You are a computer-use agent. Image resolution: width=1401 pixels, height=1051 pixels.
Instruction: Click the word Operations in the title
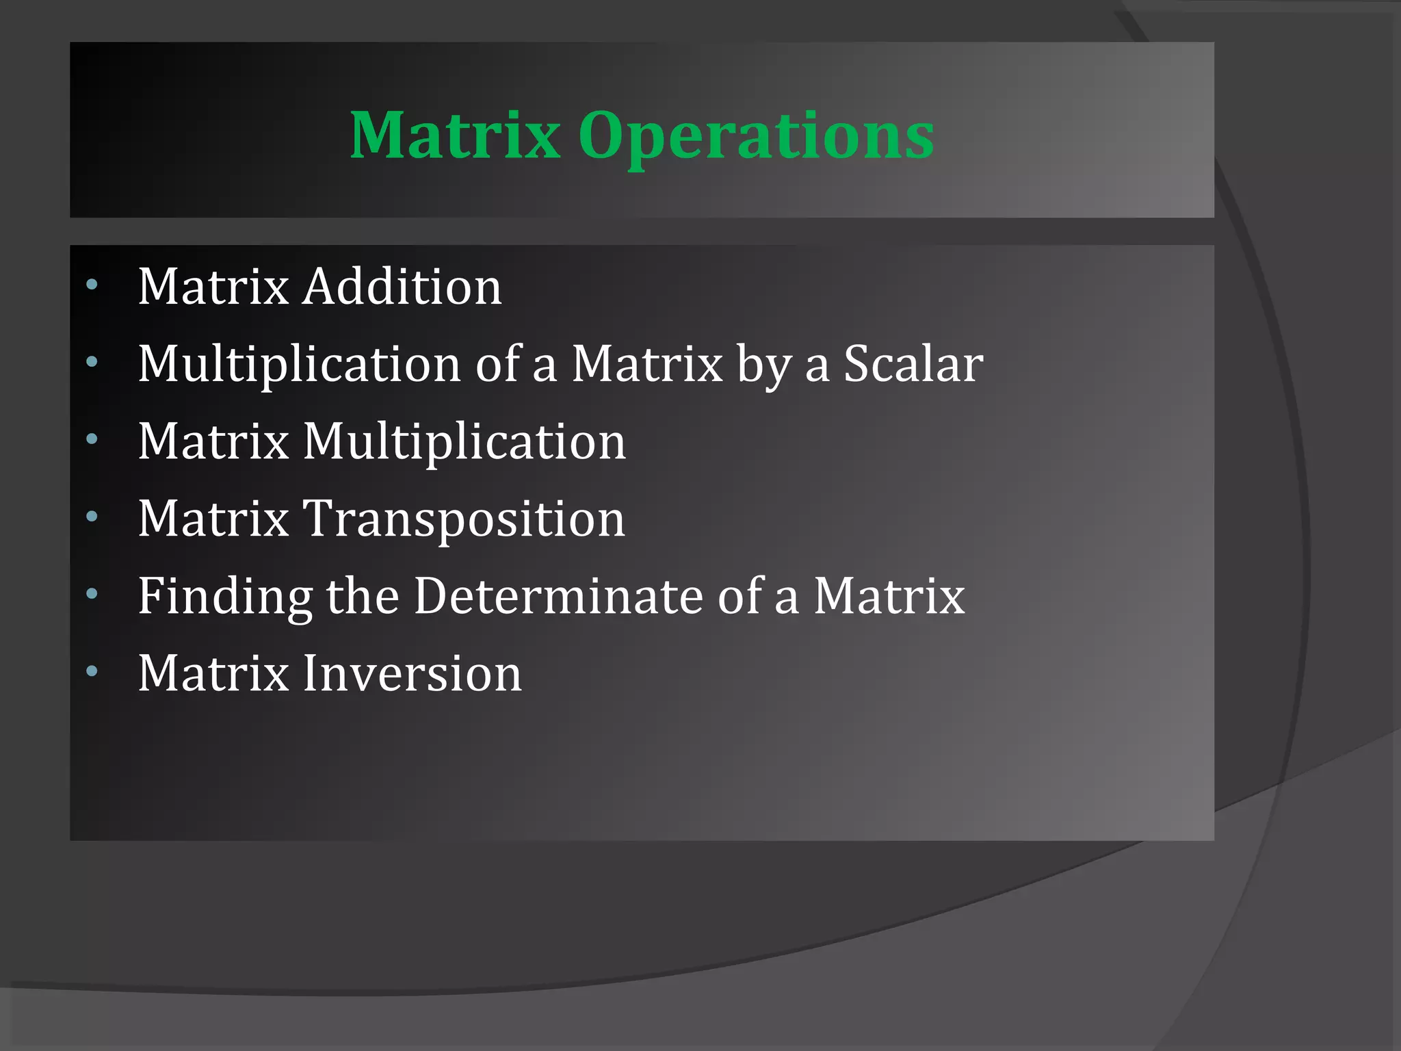tap(756, 137)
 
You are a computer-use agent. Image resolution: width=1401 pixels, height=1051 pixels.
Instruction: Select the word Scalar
tap(913, 363)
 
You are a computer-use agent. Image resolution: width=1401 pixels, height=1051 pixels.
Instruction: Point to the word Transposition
tap(464, 519)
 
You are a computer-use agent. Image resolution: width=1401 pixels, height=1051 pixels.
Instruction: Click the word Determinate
tap(558, 595)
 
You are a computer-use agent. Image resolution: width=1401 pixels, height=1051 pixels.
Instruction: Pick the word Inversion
tap(412, 673)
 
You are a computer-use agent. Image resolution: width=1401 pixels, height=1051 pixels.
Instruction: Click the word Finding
tap(225, 597)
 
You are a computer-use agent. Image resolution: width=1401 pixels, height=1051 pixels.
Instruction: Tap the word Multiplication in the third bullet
tap(464, 441)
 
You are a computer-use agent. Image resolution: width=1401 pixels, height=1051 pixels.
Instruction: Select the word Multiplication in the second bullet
tap(300, 364)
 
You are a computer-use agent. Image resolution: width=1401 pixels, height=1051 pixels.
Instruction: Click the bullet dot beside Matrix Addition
tap(92, 284)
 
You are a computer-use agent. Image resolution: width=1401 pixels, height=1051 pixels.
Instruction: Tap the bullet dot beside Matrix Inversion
tap(92, 671)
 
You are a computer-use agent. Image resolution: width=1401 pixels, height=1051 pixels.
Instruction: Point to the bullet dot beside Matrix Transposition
tap(92, 517)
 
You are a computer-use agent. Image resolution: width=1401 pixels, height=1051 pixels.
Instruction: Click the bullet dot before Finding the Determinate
tap(92, 594)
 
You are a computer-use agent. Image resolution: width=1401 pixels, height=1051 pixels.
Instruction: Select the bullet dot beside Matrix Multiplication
tap(92, 439)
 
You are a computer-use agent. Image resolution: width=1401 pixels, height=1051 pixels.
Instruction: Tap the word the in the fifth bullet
tap(363, 595)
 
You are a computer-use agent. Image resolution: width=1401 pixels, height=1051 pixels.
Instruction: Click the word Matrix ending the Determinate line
tap(889, 595)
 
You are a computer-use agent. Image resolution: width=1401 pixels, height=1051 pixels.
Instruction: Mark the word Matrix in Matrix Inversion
tap(213, 673)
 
